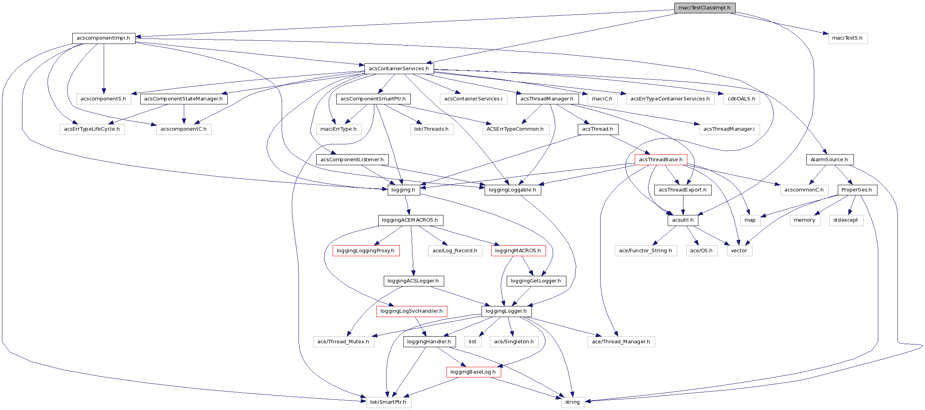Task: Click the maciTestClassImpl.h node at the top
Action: click(704, 8)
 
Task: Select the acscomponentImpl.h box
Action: click(103, 38)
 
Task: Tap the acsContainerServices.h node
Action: click(399, 69)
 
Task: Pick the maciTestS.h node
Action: click(847, 38)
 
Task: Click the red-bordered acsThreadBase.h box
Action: click(661, 160)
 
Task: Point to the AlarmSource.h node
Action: click(829, 160)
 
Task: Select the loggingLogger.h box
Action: click(506, 311)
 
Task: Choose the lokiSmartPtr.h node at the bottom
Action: click(388, 402)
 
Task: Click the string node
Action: click(572, 402)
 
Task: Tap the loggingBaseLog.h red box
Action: click(473, 372)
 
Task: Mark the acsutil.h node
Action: click(683, 220)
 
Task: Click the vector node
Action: click(739, 251)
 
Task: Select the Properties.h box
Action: click(857, 190)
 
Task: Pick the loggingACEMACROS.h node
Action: click(410, 220)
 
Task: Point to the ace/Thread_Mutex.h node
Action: click(343, 342)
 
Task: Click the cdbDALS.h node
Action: click(741, 99)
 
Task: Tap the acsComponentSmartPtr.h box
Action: click(373, 99)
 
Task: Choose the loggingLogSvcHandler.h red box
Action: click(411, 311)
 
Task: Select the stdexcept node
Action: click(846, 220)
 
